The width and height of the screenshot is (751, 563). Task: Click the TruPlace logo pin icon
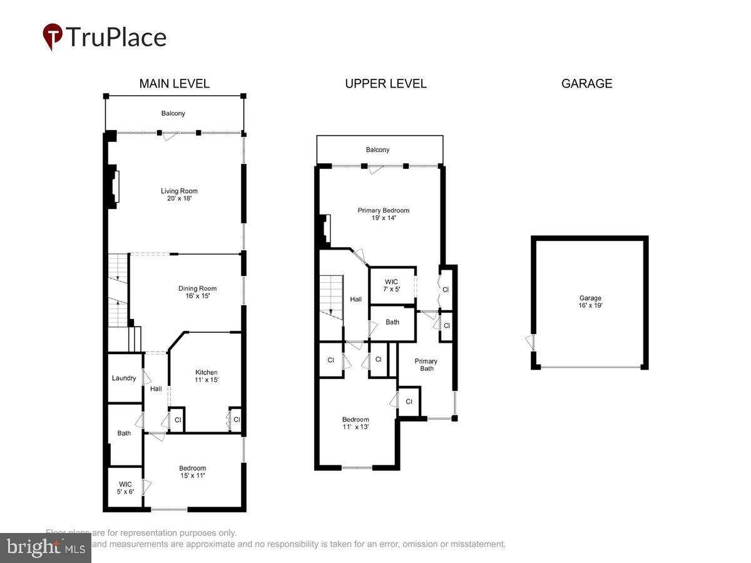click(x=53, y=36)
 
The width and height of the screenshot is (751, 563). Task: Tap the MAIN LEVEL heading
click(x=174, y=84)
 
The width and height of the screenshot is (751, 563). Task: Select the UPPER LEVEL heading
click(x=386, y=84)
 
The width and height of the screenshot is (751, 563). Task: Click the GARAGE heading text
click(x=586, y=84)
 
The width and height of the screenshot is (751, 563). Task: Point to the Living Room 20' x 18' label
click(x=179, y=195)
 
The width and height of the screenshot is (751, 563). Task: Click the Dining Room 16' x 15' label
click(x=197, y=292)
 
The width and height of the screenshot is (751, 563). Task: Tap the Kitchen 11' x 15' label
click(x=206, y=376)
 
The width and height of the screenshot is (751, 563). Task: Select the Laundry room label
click(x=124, y=378)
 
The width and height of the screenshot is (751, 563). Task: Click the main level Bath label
click(x=124, y=433)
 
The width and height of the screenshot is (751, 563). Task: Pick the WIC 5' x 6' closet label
click(x=125, y=488)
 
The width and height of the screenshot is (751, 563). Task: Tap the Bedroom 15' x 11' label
click(x=192, y=472)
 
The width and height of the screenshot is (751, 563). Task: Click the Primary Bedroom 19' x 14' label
click(x=383, y=214)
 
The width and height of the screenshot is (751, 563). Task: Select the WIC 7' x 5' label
click(x=392, y=285)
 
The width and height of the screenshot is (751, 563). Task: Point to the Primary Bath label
click(x=426, y=365)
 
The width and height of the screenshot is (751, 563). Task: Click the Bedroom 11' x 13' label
click(x=355, y=423)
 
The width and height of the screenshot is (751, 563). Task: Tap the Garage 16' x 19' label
click(x=590, y=302)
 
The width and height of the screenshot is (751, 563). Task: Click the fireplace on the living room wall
click(x=115, y=186)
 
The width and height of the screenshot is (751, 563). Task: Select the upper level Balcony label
click(x=377, y=150)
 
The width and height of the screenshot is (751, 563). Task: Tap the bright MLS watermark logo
click(x=45, y=548)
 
